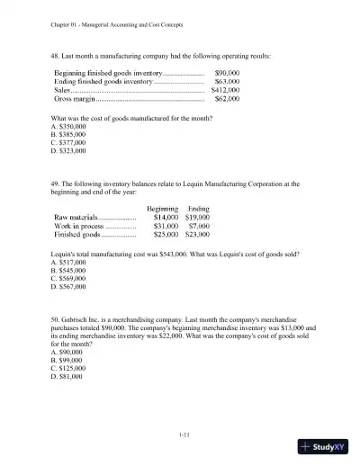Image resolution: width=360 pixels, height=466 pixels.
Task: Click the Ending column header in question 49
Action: click(x=198, y=208)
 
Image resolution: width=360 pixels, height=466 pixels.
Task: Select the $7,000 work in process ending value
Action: click(x=199, y=226)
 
